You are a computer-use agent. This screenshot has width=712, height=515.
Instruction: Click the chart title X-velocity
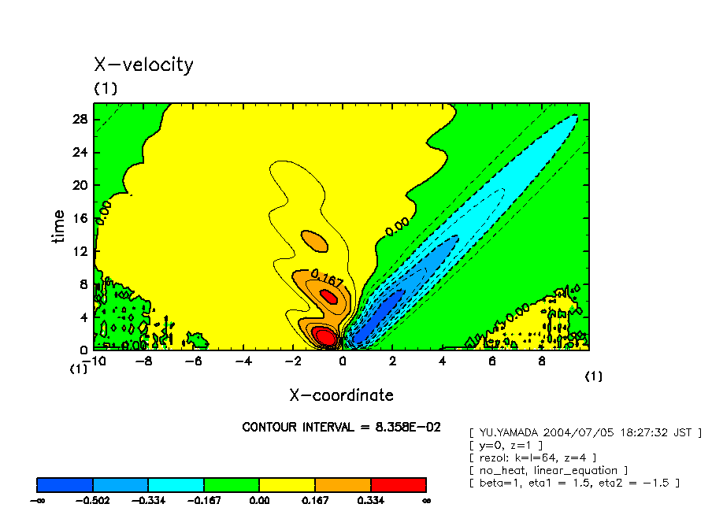(143, 65)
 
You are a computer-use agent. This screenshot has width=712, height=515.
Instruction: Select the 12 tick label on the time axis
(80, 251)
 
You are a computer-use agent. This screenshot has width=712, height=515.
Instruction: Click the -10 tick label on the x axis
(95, 361)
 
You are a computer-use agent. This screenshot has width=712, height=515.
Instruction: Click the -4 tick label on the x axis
(243, 361)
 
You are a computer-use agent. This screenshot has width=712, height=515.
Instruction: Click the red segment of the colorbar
(398, 484)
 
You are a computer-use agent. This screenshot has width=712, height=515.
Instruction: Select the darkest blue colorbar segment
(65, 484)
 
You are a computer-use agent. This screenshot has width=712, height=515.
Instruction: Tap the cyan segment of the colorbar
(176, 484)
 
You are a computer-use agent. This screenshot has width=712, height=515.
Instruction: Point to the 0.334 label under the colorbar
(371, 499)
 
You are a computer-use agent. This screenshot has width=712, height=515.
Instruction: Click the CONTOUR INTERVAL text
(341, 427)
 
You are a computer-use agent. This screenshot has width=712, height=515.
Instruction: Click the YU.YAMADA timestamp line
(584, 432)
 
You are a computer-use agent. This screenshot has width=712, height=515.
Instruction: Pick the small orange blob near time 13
(314, 240)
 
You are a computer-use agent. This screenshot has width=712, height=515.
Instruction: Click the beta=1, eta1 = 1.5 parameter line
(573, 483)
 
